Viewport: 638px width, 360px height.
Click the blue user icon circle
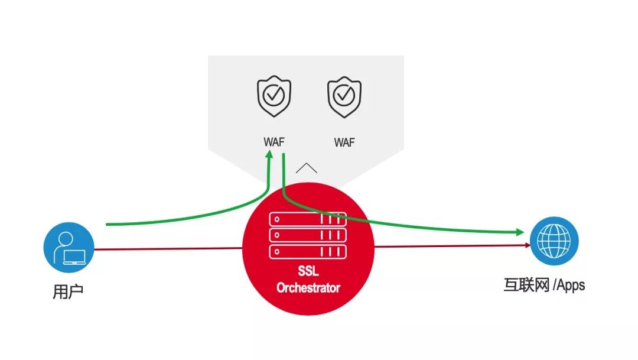tap(69, 247)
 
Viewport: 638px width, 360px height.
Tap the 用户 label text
tap(68, 291)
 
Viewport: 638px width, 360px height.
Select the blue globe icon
tap(554, 241)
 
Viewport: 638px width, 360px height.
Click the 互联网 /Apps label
tap(545, 285)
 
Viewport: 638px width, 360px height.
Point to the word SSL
tap(308, 271)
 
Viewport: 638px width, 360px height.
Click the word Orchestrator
tap(308, 287)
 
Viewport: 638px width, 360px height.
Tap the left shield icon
tap(274, 96)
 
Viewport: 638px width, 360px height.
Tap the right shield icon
tap(344, 97)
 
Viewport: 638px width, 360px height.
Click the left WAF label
tap(274, 142)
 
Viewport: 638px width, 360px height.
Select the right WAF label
tap(344, 142)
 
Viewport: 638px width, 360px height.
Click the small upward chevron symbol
tap(307, 168)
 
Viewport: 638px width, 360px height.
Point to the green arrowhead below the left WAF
tap(269, 154)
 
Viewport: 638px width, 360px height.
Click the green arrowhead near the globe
tap(520, 232)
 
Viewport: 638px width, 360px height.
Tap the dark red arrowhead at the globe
tap(528, 245)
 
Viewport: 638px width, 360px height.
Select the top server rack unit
tap(308, 219)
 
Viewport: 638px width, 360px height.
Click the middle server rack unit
tap(308, 235)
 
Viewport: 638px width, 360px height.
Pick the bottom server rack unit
tap(308, 252)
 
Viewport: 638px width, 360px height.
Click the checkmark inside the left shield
tap(274, 95)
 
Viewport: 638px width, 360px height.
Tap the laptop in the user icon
tap(74, 257)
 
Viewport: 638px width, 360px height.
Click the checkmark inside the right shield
tap(344, 95)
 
